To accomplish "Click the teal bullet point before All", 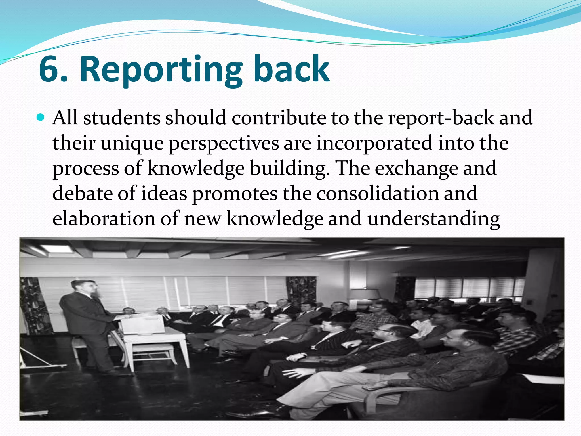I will coord(41,117).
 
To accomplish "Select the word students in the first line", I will coord(122,118).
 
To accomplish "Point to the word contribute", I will coord(279,118).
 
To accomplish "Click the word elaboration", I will coord(104,219).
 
